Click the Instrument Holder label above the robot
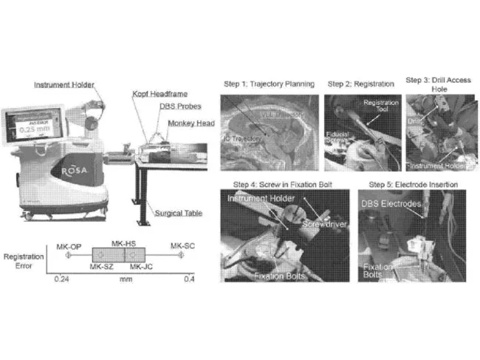point(64,85)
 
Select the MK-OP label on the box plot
point(68,243)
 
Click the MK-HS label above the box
point(123,242)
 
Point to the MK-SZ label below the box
point(101,266)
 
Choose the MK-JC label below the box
point(141,266)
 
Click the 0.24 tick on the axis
point(65,280)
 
